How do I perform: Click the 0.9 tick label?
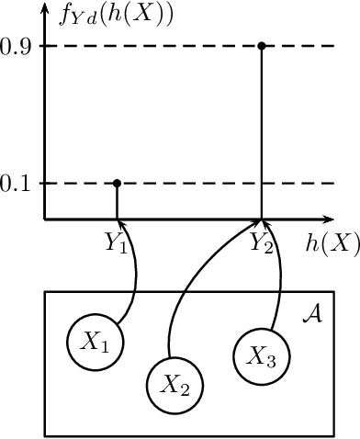pos(17,45)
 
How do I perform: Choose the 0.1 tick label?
pos(17,184)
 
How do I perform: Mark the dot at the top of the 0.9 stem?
pos(262,45)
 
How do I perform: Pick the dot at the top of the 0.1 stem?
pos(117,183)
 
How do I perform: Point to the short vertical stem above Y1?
pos(117,202)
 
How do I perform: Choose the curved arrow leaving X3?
pos(276,285)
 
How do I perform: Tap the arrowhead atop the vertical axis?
pos(45,10)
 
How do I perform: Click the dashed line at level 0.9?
pos(184,45)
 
